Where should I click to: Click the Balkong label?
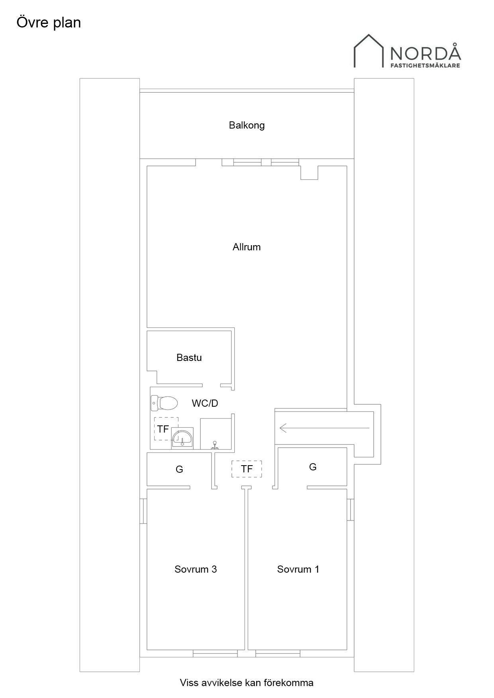tap(247, 125)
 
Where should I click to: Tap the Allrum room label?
tap(247, 247)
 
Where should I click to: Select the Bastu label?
tap(189, 358)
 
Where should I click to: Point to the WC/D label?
tap(205, 404)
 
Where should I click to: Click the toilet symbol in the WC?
tap(164, 403)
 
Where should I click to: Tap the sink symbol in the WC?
tap(182, 438)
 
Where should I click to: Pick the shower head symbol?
tap(215, 445)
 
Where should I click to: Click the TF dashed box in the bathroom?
tap(167, 429)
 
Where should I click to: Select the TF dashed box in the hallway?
tap(247, 469)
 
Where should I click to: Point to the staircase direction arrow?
tap(325, 428)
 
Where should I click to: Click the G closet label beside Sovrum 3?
tap(179, 470)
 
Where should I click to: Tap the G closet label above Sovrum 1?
tap(313, 467)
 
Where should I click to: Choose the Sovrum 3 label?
tap(196, 569)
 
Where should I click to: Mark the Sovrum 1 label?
tap(298, 569)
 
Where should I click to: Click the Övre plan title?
tap(49, 23)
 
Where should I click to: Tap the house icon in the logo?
tap(369, 51)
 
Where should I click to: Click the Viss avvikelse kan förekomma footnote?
tap(247, 683)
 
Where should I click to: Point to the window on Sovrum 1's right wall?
tap(350, 509)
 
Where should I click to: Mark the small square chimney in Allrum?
tap(309, 173)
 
